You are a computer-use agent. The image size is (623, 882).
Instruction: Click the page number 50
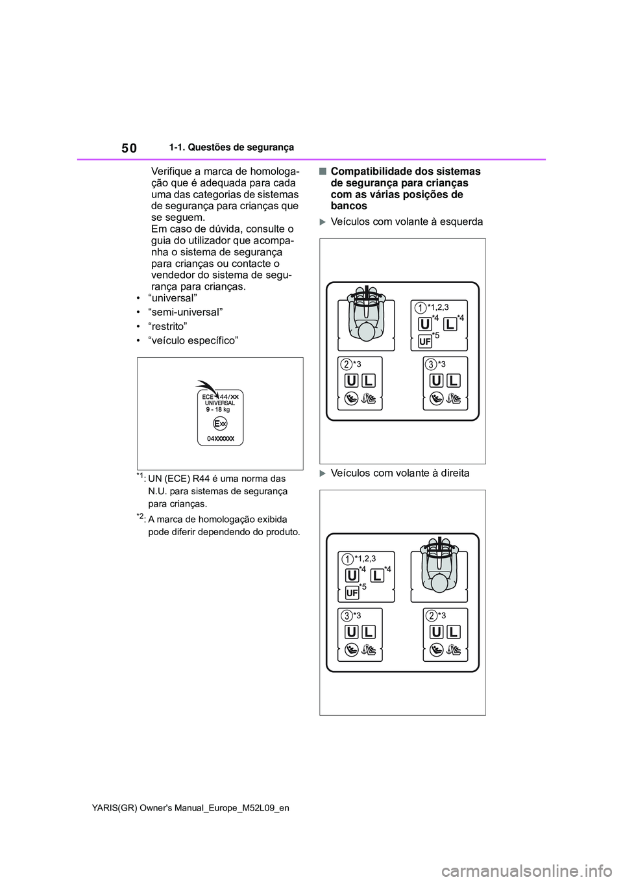tap(129, 148)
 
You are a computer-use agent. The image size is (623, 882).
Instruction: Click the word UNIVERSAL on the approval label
tap(219, 403)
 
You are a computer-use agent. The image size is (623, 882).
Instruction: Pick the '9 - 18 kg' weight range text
tap(218, 410)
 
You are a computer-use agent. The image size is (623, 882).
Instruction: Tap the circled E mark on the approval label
tap(219, 423)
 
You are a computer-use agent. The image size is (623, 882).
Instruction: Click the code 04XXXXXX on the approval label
tap(220, 439)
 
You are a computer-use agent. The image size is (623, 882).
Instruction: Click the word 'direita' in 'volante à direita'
tap(454, 473)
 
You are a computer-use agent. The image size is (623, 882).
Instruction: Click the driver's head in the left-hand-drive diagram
tap(367, 332)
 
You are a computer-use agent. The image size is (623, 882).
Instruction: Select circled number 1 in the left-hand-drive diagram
tap(421, 307)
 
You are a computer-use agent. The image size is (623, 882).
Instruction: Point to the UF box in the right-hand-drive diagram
tap(352, 593)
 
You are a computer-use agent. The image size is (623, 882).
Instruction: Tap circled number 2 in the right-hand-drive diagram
tap(431, 614)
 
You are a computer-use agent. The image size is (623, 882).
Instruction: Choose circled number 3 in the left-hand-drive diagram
tap(431, 364)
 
